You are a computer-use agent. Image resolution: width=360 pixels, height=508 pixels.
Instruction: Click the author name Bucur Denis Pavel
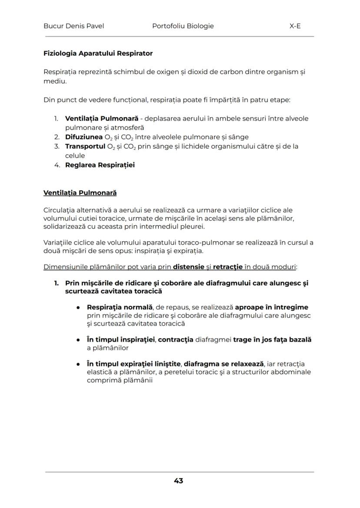(73, 26)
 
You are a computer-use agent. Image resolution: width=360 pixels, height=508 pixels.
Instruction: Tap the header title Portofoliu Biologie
(183, 26)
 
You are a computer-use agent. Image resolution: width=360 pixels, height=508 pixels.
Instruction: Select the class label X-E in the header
(295, 26)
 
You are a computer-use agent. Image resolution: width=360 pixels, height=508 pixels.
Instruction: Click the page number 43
(178, 481)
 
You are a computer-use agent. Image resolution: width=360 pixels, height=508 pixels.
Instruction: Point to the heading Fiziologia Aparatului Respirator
(98, 53)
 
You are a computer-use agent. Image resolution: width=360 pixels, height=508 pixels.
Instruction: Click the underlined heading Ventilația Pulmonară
(80, 193)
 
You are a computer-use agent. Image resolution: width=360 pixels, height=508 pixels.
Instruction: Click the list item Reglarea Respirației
(100, 165)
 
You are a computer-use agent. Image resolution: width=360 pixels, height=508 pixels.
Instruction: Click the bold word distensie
(189, 267)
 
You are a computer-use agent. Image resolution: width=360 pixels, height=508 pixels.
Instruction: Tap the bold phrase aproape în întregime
(271, 307)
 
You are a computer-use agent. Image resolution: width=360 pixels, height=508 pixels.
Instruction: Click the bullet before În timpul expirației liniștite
(78, 364)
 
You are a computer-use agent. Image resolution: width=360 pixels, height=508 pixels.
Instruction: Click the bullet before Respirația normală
(78, 308)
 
